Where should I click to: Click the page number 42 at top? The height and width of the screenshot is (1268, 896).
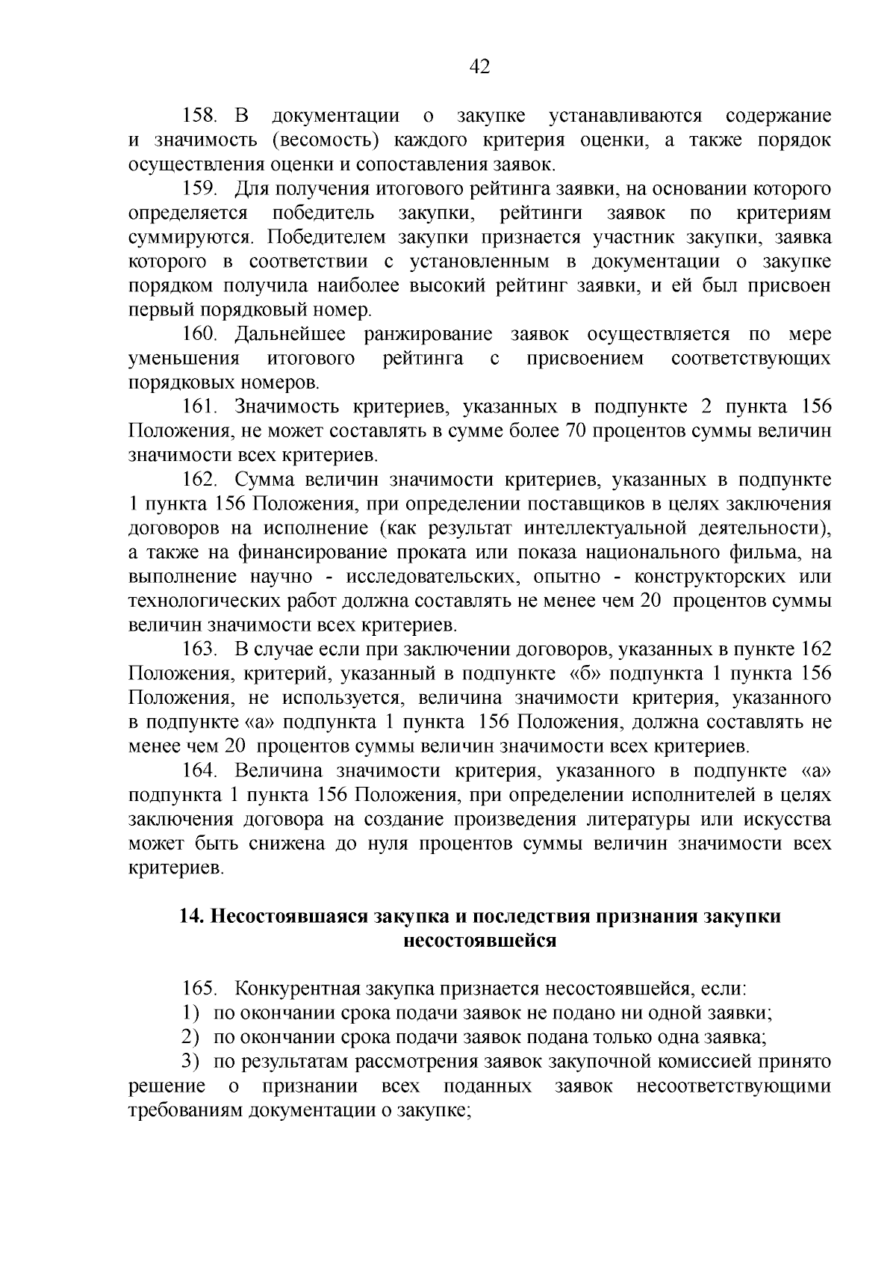point(479,67)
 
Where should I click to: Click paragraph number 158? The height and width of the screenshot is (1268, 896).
point(199,116)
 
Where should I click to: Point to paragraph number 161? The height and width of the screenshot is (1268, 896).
point(199,407)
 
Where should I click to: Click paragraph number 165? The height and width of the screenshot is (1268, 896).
point(199,989)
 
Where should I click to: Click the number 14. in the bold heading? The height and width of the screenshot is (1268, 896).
point(193,916)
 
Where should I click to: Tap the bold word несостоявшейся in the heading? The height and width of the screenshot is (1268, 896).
point(479,940)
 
